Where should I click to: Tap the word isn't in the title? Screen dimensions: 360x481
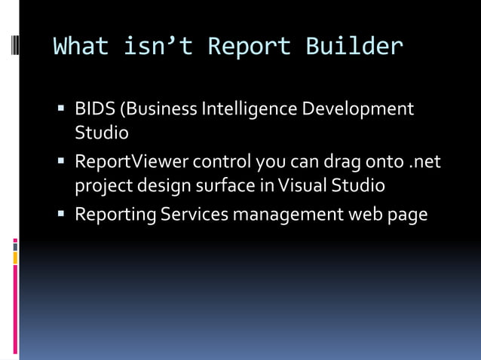tap(151, 47)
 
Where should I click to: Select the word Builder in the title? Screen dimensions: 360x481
tap(354, 47)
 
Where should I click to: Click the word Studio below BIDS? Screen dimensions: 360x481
tap(101, 133)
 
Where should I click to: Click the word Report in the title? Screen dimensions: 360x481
tap(249, 47)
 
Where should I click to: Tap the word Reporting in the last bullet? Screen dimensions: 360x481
tap(115, 215)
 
